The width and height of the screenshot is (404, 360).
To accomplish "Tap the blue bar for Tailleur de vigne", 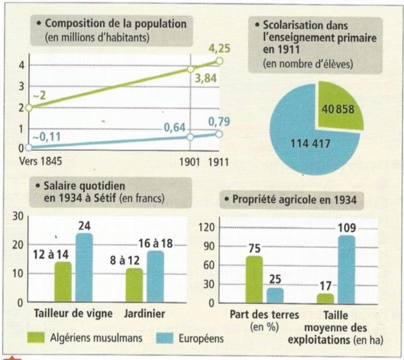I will pyautogui.click(x=84, y=267).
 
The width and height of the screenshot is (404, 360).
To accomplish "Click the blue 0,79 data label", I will pyautogui.click(x=218, y=121).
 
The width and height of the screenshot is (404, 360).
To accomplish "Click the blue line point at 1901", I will pyautogui.click(x=191, y=137).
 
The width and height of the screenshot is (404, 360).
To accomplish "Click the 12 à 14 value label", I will pyautogui.click(x=50, y=251).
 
